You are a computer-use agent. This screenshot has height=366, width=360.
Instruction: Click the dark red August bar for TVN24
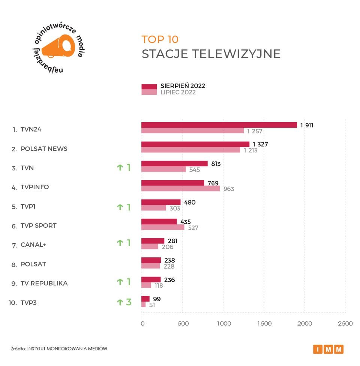[219, 125]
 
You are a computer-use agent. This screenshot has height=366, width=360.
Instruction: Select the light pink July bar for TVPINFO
[180, 189]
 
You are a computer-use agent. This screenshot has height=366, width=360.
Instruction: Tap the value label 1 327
[260, 144]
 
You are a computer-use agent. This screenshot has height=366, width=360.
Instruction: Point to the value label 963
[229, 189]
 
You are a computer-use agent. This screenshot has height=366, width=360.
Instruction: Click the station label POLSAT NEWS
[44, 149]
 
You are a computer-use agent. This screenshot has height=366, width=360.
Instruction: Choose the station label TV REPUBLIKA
[44, 283]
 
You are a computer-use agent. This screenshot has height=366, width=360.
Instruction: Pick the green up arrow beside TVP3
[120, 302]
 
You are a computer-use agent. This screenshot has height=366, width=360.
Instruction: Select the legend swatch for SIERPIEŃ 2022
[149, 87]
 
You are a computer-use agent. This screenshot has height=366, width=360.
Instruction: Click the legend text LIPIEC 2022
[178, 93]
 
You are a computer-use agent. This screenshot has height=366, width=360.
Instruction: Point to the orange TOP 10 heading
[160, 39]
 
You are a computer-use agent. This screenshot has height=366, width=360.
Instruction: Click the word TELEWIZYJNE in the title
[236, 54]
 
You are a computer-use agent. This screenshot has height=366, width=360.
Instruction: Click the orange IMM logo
[328, 349]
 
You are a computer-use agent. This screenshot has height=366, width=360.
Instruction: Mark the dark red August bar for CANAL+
[153, 241]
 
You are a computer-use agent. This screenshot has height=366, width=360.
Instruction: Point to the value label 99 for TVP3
[157, 298]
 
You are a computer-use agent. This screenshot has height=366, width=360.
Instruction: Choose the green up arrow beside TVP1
[120, 207]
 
